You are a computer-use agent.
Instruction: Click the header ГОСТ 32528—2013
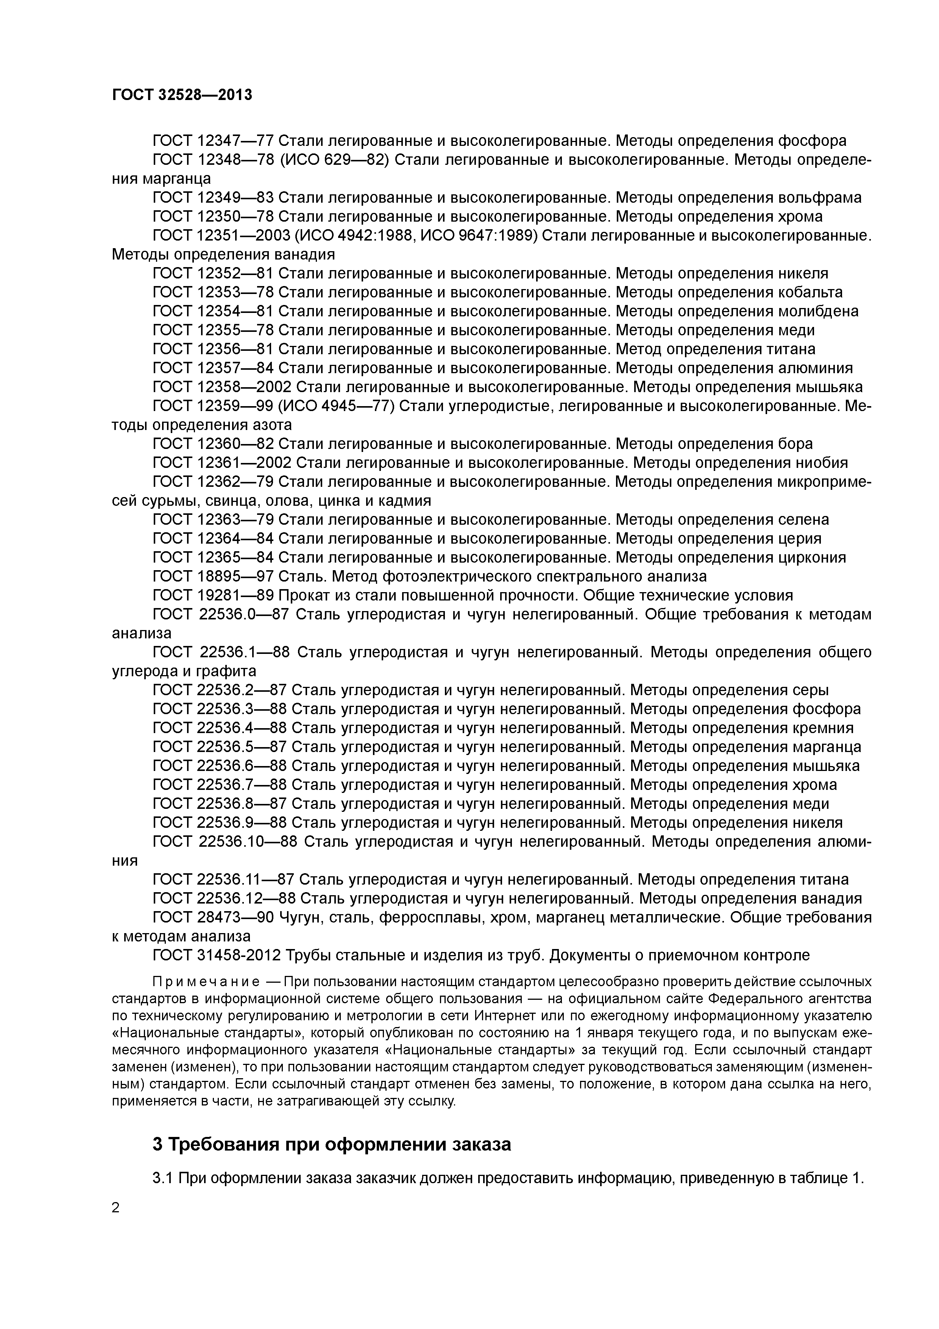click(182, 95)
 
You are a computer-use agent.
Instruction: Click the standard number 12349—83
click(235, 197)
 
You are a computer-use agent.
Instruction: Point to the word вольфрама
click(819, 197)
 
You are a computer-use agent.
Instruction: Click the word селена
click(802, 520)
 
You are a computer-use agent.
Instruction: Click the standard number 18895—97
click(235, 577)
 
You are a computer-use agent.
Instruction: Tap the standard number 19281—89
click(235, 596)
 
